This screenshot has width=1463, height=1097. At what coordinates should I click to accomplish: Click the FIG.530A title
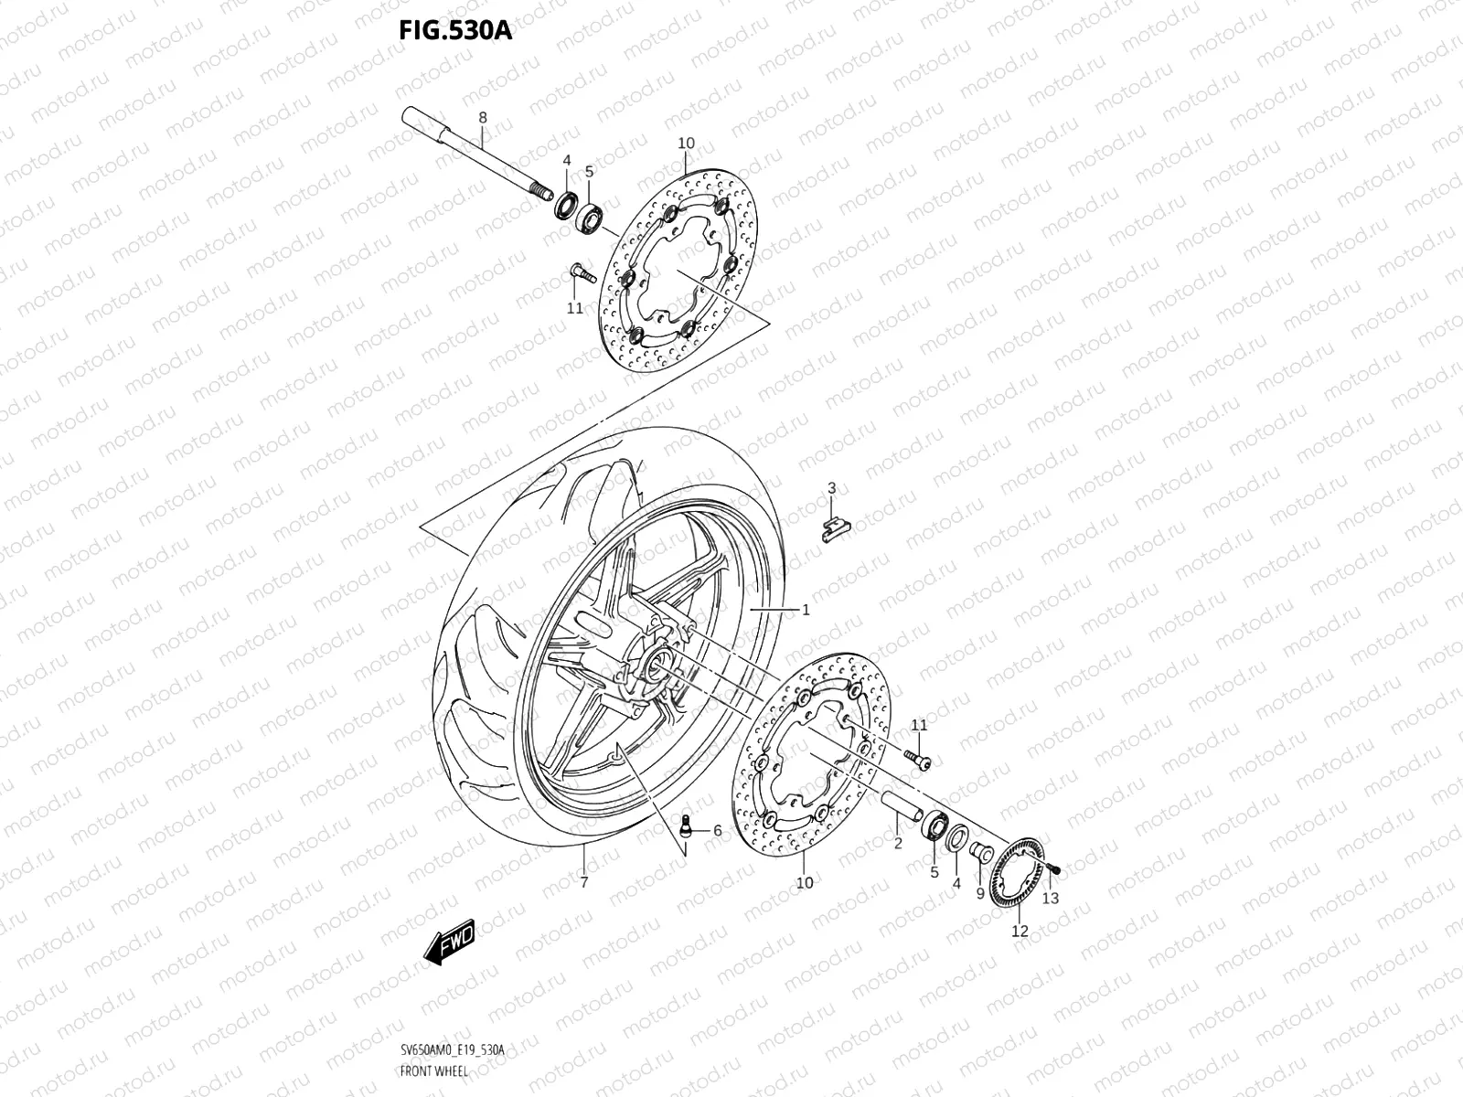(x=455, y=31)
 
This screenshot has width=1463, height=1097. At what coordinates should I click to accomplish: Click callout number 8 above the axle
(x=483, y=118)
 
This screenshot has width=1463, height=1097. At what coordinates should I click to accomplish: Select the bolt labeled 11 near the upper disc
(x=578, y=272)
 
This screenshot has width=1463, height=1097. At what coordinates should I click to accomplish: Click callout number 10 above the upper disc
(x=686, y=144)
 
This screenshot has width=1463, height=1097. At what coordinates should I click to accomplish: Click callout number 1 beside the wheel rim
(x=806, y=610)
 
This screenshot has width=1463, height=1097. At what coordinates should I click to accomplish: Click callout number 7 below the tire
(x=583, y=882)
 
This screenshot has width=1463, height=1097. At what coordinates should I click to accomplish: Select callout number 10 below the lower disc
(x=804, y=883)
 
